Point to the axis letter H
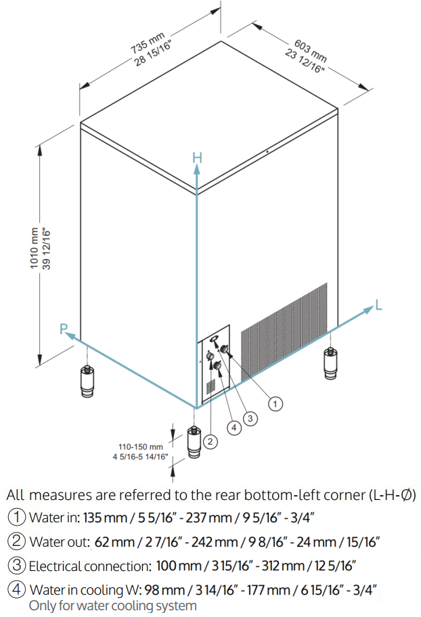pos(197,158)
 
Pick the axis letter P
pos(64,329)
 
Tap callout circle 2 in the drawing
pos(210,442)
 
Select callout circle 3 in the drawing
pos(250,419)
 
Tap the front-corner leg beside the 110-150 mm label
pos(195,444)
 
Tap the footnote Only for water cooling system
pos(112,605)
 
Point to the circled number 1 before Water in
pos(16,518)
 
